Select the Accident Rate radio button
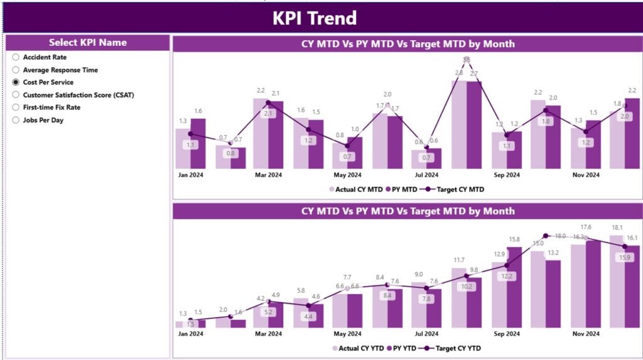pyautogui.click(x=16, y=57)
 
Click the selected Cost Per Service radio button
pyautogui.click(x=16, y=82)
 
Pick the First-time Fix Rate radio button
pyautogui.click(x=16, y=107)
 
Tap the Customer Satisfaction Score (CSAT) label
pyautogui.click(x=78, y=95)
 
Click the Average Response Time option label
pyautogui.click(x=60, y=70)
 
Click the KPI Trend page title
pyautogui.click(x=314, y=18)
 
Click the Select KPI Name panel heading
pyautogui.click(x=88, y=43)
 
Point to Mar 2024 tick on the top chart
pyautogui.click(x=268, y=175)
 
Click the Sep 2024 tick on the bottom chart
pyautogui.click(x=506, y=334)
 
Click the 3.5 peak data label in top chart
pyautogui.click(x=466, y=60)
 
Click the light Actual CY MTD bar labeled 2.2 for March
pyautogui.click(x=261, y=133)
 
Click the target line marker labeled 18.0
pyautogui.click(x=546, y=236)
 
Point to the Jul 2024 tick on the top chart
pyautogui.click(x=426, y=175)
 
